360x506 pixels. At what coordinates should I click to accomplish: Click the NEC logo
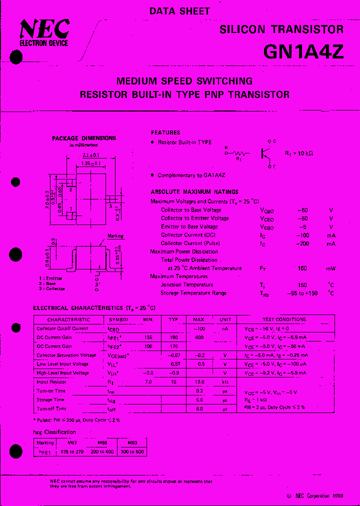[44, 31]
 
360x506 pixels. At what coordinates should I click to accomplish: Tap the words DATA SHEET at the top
[179, 11]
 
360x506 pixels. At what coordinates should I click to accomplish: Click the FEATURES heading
[165, 132]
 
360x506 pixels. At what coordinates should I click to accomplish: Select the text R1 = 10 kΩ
[298, 153]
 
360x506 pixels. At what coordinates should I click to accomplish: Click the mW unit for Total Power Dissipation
[331, 268]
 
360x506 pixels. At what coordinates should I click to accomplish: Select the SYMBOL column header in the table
[118, 319]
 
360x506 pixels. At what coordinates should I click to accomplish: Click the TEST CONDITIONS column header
[284, 319]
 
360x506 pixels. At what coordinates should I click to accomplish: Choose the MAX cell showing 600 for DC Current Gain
[199, 337]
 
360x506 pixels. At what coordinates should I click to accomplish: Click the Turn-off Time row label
[51, 409]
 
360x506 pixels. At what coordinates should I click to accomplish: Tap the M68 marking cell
[101, 443]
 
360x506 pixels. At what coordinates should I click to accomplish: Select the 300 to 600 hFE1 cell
[133, 451]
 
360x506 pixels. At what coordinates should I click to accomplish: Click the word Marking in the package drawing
[115, 236]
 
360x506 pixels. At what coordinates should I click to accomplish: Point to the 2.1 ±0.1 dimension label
[90, 155]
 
